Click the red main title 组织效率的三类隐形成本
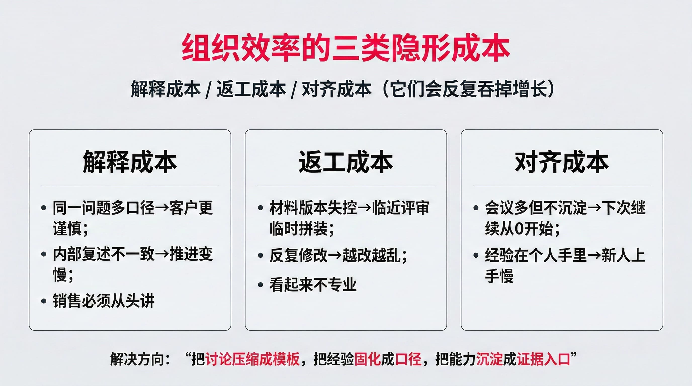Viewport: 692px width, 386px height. [346, 48]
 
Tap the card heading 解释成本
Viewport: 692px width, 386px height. [130, 162]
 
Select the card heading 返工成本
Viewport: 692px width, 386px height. [346, 162]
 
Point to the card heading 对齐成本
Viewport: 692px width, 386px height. [562, 162]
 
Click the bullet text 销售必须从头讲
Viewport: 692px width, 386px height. [104, 301]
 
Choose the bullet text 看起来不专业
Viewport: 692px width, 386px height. [313, 285]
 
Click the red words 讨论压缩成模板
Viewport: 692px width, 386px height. [252, 359]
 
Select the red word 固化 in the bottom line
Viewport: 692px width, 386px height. [367, 359]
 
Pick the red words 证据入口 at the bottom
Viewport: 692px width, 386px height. [543, 359]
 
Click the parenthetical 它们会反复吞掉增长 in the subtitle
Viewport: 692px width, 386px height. [468, 89]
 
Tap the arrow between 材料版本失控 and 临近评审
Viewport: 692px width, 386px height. [365, 208]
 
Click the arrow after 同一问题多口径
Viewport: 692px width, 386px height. [162, 208]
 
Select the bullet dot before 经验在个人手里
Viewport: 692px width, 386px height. [476, 255]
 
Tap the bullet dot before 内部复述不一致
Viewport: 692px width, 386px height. [44, 254]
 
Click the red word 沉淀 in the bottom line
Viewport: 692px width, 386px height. [489, 359]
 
